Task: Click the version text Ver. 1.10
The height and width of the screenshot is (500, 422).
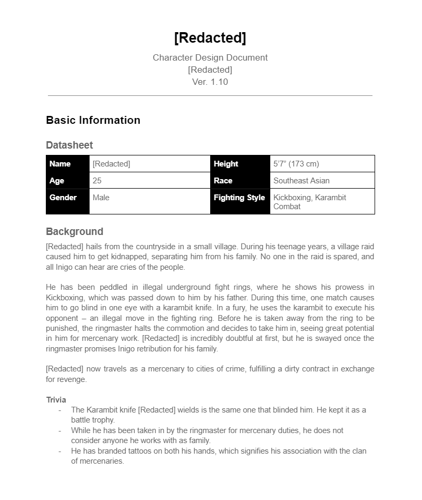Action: tap(210, 82)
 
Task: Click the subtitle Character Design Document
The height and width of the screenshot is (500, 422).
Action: tap(210, 57)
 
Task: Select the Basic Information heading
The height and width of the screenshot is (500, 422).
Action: tap(93, 120)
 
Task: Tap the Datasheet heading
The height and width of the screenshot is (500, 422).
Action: tap(70, 145)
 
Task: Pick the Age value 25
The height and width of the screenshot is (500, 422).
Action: tap(97, 181)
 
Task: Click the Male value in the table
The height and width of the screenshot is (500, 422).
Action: tap(101, 198)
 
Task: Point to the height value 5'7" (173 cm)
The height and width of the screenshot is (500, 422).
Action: tap(296, 164)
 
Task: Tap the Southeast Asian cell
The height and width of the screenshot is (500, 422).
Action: tap(301, 181)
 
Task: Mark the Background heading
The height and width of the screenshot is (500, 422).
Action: tap(74, 232)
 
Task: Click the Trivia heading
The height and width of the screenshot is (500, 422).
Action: tap(56, 400)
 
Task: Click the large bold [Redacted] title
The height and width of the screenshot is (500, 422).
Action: tap(210, 38)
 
